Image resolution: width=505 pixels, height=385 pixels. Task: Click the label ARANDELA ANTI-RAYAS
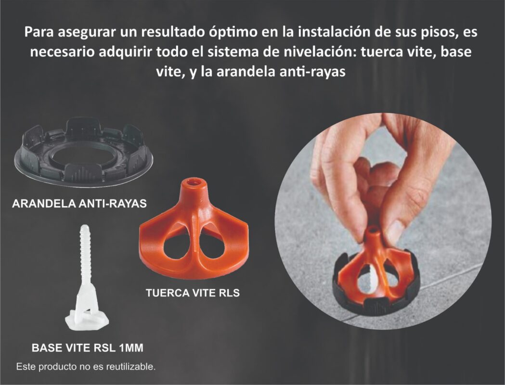(x=79, y=204)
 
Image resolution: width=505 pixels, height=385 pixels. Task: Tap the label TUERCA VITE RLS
(x=193, y=293)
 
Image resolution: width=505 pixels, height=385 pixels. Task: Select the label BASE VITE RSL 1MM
(x=88, y=347)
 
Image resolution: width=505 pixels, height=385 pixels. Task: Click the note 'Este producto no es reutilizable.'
(x=86, y=367)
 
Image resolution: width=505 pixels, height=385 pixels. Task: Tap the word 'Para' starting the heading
(x=39, y=32)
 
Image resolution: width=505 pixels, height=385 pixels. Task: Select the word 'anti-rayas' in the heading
(x=312, y=71)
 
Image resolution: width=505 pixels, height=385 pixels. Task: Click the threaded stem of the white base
(x=85, y=254)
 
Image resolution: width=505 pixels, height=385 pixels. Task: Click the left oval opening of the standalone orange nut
(x=177, y=247)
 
